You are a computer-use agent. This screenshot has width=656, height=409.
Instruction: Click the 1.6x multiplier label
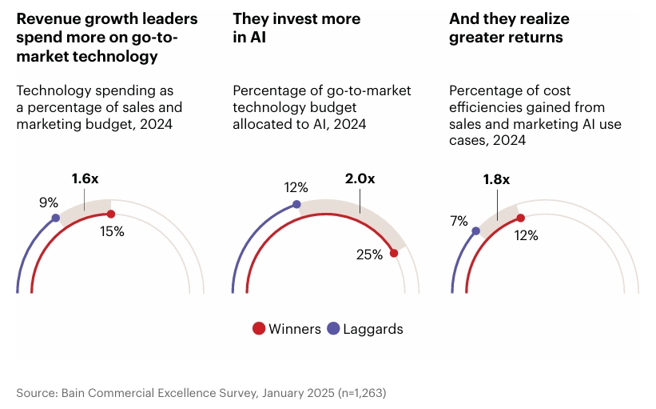click(x=85, y=179)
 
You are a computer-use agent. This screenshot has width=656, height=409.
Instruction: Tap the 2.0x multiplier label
click(x=360, y=179)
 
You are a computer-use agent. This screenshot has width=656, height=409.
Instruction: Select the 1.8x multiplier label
click(x=495, y=179)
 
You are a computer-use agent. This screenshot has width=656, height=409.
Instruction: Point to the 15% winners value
click(x=112, y=231)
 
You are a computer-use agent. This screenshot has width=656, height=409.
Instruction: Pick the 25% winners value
click(x=369, y=255)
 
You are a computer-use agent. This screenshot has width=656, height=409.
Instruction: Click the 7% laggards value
click(x=459, y=220)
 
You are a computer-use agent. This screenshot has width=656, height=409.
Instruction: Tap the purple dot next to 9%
click(x=55, y=218)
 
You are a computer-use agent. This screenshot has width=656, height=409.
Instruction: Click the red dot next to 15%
click(x=110, y=214)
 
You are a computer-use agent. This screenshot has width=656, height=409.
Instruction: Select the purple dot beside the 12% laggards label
click(x=296, y=204)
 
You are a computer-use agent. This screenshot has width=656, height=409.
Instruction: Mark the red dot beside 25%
click(x=393, y=253)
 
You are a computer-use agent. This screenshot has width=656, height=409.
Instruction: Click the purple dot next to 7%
click(x=476, y=231)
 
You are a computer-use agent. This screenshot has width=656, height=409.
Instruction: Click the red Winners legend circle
click(x=259, y=328)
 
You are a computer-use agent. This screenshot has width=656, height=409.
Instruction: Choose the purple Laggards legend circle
click(x=333, y=328)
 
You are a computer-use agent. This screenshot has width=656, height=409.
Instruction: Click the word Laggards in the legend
click(x=373, y=328)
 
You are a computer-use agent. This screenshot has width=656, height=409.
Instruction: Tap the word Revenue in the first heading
click(x=44, y=18)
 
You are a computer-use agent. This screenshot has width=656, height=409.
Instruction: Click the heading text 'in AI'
click(x=251, y=38)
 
